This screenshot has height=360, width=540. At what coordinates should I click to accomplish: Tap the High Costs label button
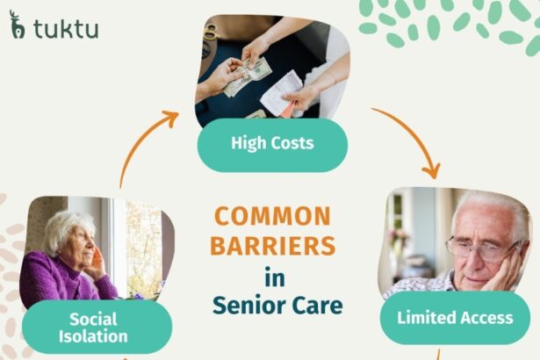(272, 141)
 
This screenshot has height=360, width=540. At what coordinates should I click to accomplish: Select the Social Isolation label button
(97, 327)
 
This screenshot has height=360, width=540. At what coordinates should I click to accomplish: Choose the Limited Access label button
(455, 317)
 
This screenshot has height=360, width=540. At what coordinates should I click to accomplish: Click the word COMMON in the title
(273, 216)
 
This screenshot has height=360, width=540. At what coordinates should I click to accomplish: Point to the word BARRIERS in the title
(273, 246)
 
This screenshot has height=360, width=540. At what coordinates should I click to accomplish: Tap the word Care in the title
(319, 306)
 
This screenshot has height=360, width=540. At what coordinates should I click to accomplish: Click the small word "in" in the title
(275, 277)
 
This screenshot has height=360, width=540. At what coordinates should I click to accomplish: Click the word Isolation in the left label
(97, 336)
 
